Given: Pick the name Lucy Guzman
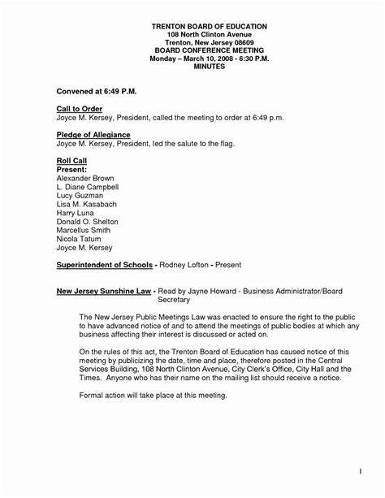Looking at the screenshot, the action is pos(81,197).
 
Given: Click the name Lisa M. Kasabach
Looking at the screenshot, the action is pos(91,206).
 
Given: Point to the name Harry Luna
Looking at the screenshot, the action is pos(78,216).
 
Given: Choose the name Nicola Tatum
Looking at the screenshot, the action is pos(82,245).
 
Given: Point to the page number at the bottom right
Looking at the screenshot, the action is pos(358,470).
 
